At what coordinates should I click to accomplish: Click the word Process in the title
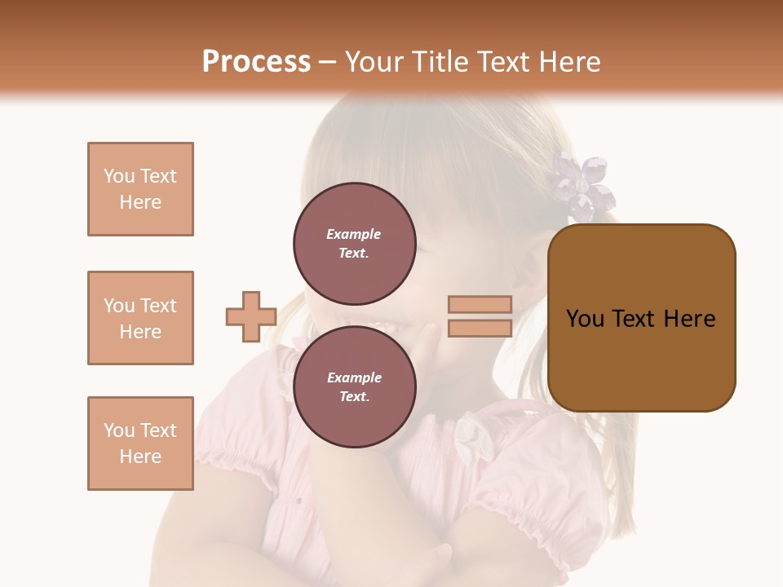256,62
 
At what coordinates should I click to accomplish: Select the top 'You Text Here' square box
140,189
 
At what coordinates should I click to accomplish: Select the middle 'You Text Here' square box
140,318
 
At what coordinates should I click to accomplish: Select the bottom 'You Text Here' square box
140,444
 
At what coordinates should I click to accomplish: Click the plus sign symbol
251,316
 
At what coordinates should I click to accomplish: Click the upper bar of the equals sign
480,305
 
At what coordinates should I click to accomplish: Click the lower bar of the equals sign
480,329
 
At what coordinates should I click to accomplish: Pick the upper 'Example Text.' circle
354,243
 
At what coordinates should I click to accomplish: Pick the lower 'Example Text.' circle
354,386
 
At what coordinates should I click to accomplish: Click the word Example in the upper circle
354,234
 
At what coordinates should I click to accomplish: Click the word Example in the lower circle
354,377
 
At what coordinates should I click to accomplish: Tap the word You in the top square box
117,176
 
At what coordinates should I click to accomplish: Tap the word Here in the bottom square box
140,457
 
